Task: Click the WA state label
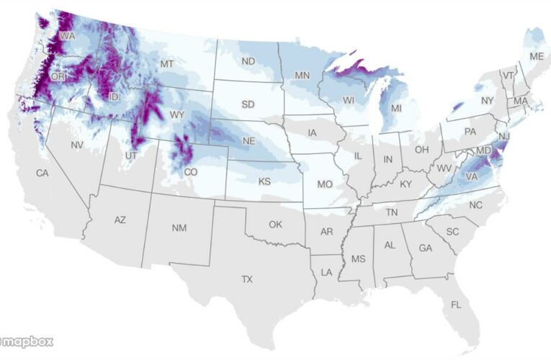tap(68, 35)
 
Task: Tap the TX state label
tap(247, 279)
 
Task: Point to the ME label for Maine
tap(537, 56)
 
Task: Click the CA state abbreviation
tap(42, 173)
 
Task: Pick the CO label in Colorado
tap(191, 172)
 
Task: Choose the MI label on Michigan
tap(396, 108)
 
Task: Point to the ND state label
tap(248, 61)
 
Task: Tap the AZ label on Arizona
tap(120, 220)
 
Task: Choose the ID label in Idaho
tap(114, 96)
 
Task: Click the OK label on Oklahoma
tap(275, 224)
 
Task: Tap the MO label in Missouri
tap(325, 184)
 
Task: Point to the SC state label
tap(452, 231)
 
